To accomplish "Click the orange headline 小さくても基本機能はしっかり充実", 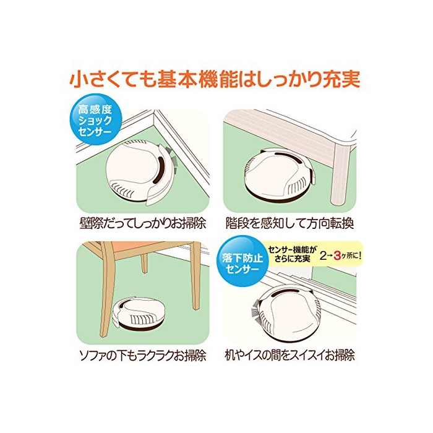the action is click(215, 80).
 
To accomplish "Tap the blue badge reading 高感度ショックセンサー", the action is click(95, 119).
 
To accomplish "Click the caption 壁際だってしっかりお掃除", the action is click(143, 223).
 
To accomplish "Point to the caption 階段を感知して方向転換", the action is click(289, 223).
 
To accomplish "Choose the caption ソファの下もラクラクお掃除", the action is click(143, 356).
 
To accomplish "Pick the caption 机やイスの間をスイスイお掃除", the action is click(289, 355).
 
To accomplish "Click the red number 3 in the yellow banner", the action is click(337, 256).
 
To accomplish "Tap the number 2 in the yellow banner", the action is click(322, 256).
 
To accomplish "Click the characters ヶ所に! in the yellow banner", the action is click(351, 256).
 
